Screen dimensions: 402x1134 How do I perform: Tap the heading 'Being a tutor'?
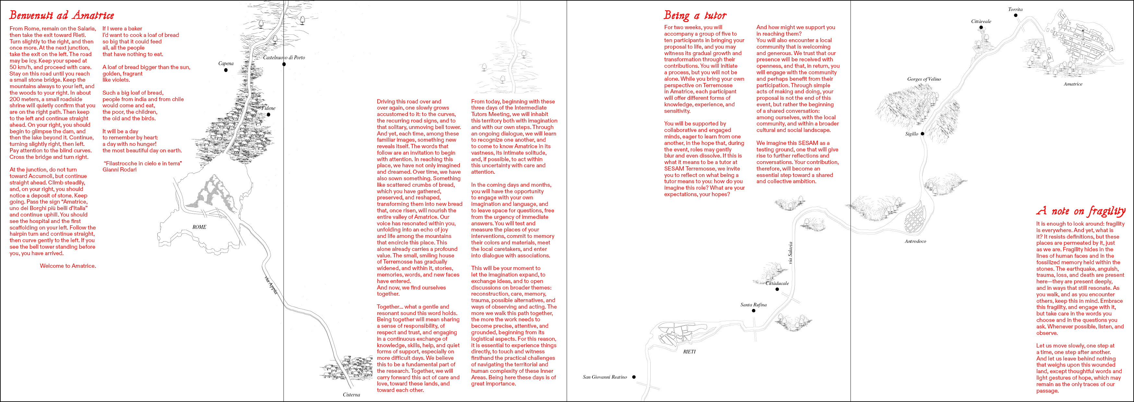click(695, 16)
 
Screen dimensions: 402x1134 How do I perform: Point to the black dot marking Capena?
click(226, 70)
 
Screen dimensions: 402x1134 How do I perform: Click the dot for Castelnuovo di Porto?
click(284, 64)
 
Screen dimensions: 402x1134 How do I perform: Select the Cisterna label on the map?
click(351, 395)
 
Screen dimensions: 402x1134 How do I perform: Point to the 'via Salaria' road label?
click(790, 253)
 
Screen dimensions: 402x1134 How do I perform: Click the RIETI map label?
click(689, 352)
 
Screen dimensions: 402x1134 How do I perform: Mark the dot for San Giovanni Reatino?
click(634, 377)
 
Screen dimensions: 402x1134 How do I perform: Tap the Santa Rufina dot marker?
click(754, 311)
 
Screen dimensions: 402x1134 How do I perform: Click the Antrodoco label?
click(915, 241)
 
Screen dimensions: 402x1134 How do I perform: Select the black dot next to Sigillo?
click(922, 134)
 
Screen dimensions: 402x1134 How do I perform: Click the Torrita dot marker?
click(1016, 15)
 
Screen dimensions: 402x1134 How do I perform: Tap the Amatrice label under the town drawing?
click(1073, 84)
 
